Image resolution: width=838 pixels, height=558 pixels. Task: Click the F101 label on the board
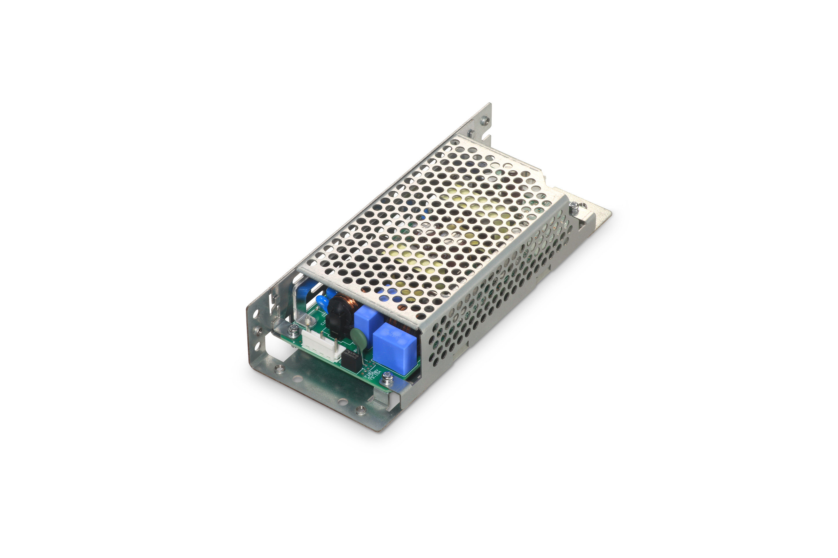click(367, 373)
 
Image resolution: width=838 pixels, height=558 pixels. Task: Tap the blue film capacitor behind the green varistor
click(365, 318)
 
